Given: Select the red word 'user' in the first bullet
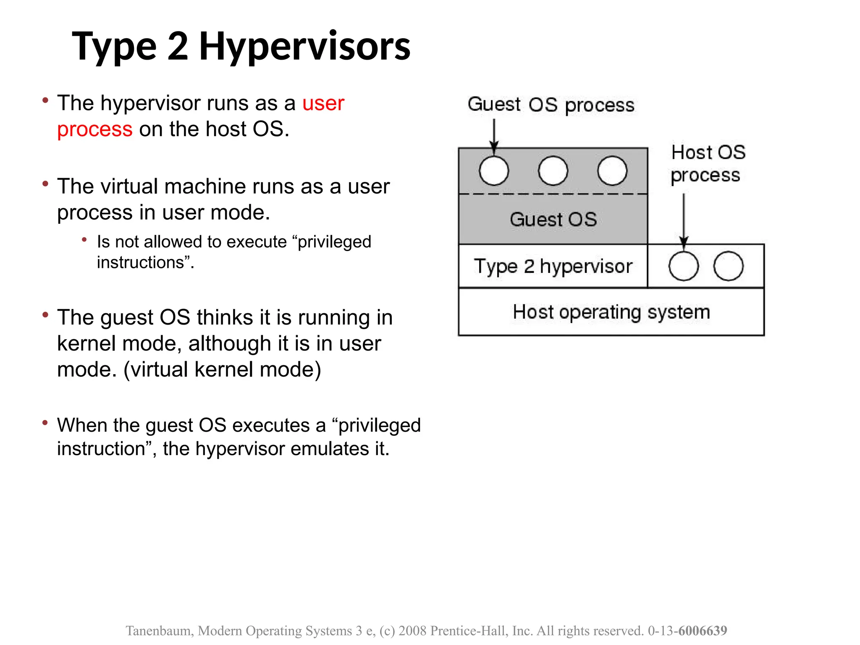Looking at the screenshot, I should [x=323, y=103].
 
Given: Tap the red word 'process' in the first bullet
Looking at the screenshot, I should [x=95, y=129].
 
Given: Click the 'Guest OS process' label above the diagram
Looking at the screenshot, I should [x=551, y=105].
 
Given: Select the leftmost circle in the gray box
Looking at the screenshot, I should [x=494, y=171].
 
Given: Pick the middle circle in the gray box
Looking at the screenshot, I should [x=553, y=171].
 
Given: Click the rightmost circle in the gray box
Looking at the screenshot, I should [x=612, y=171].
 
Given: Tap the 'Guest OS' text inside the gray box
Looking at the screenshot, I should [x=553, y=220].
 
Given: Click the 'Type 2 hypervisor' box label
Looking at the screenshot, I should [x=553, y=266].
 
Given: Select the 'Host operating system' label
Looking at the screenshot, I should [x=611, y=312].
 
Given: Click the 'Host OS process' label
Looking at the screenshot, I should [x=708, y=164].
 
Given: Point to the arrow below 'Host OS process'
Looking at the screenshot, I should [x=684, y=218].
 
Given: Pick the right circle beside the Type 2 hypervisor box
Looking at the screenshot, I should [x=728, y=266].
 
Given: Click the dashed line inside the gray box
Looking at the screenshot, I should [x=553, y=194].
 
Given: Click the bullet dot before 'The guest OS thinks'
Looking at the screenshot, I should [x=45, y=315].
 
